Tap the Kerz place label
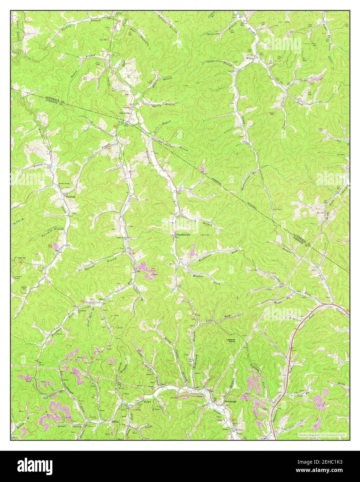point(102,299)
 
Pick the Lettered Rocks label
point(231,341)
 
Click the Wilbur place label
point(250,58)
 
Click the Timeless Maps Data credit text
point(322,434)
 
